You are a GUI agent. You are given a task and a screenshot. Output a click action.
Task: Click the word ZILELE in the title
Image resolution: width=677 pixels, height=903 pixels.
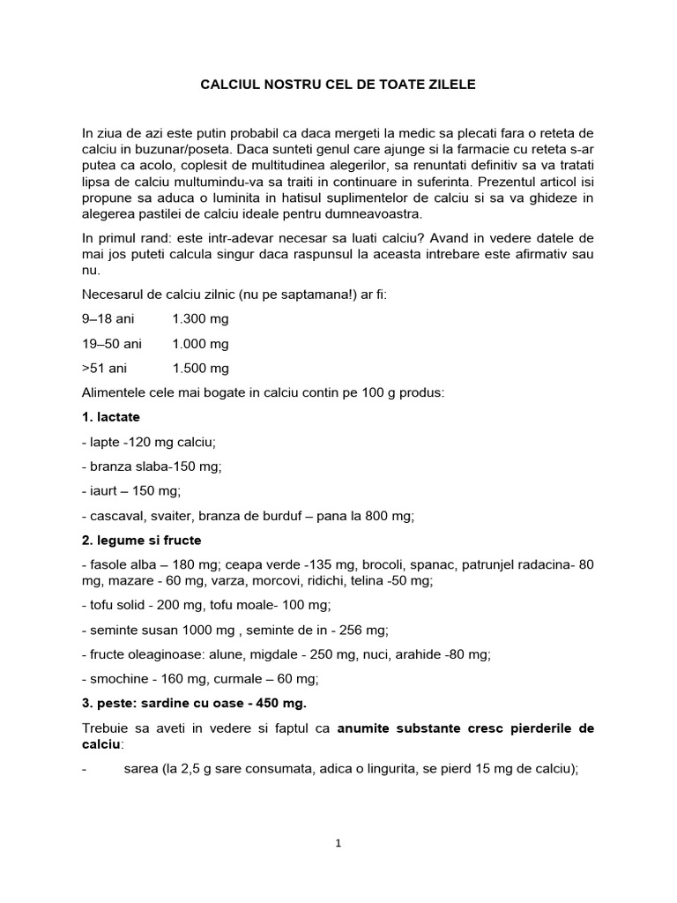pyautogui.click(x=451, y=86)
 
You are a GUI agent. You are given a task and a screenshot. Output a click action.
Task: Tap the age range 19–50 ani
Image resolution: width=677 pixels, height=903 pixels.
pyautogui.click(x=112, y=343)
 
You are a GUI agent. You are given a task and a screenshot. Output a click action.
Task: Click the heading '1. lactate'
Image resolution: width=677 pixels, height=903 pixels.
pyautogui.click(x=110, y=416)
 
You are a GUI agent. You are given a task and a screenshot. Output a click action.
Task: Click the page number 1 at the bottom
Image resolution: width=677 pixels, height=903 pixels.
pyautogui.click(x=338, y=843)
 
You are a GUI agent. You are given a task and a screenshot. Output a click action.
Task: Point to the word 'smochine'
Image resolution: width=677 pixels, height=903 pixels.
pyautogui.click(x=116, y=679)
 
